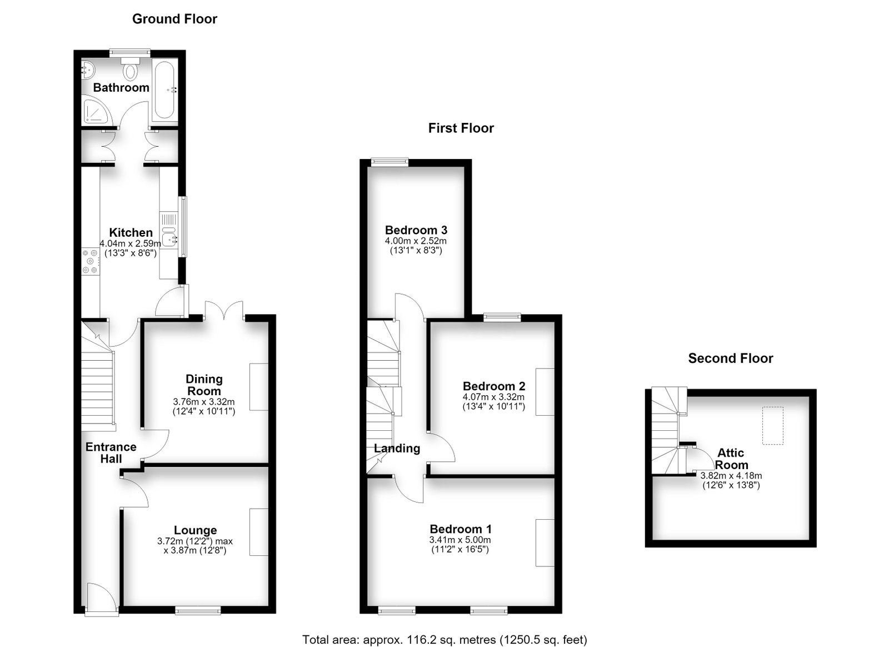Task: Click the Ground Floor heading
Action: point(174,19)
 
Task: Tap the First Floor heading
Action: point(461,128)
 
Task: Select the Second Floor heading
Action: point(731,359)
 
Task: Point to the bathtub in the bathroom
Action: point(164,90)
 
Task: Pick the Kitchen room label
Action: point(131,232)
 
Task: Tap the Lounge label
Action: point(195,530)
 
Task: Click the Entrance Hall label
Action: point(111,453)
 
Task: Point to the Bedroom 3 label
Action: point(416,230)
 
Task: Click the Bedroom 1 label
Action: point(461,529)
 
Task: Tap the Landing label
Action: point(397,449)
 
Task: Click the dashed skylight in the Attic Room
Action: point(773,426)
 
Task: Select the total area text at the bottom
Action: point(444,629)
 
